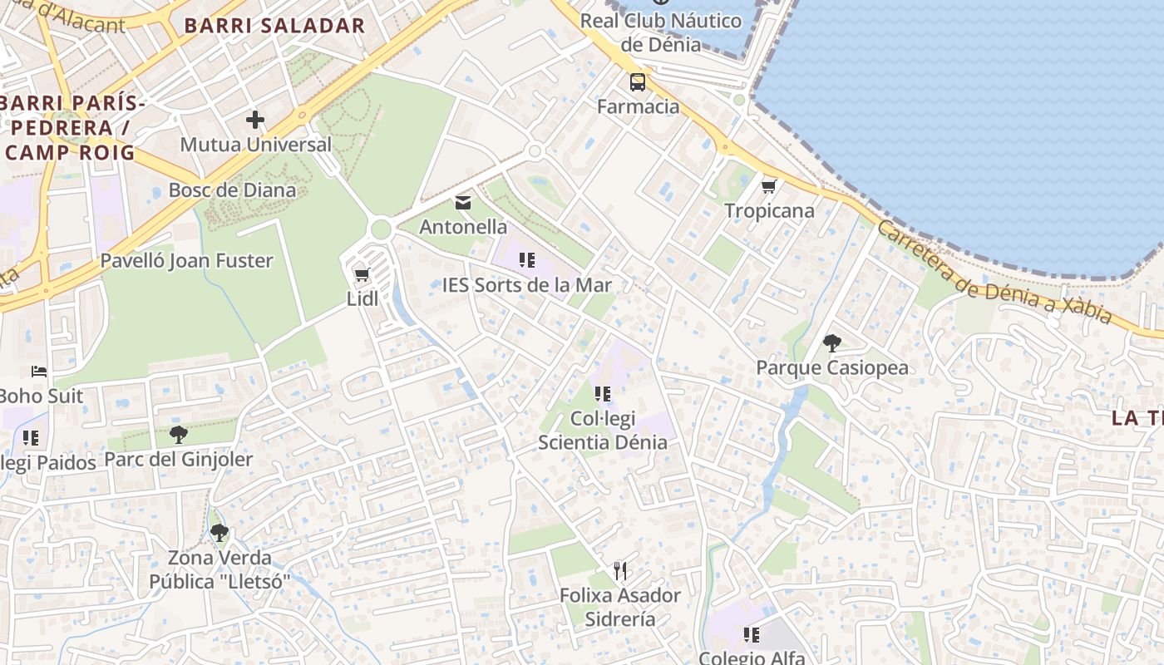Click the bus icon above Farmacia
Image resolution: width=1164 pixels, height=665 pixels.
(x=638, y=82)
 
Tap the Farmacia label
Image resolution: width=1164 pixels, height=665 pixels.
(x=639, y=106)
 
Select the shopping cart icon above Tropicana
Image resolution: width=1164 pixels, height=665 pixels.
(x=769, y=186)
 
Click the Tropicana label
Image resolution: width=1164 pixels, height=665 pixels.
(x=769, y=210)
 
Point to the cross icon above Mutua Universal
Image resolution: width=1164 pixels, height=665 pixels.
(x=255, y=120)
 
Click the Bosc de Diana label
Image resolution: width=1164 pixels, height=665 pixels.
(x=232, y=190)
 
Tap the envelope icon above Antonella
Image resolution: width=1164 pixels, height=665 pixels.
(x=463, y=202)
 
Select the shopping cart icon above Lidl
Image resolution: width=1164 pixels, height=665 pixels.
(x=362, y=274)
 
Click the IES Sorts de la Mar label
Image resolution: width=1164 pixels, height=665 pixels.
(x=527, y=285)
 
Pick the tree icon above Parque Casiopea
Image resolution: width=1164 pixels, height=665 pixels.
(x=831, y=342)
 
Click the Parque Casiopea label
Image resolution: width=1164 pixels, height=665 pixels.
(x=832, y=367)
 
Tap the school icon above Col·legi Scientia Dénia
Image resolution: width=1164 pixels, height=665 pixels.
(x=603, y=393)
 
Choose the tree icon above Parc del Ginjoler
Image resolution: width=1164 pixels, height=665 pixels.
(x=178, y=434)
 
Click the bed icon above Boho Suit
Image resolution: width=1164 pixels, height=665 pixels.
(x=39, y=371)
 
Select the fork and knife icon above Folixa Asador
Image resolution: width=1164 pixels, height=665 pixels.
(x=619, y=570)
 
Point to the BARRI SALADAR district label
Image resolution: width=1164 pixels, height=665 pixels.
(x=274, y=26)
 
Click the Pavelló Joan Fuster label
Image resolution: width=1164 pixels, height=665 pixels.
(x=186, y=261)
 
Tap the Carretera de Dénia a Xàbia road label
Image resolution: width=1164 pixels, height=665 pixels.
(x=994, y=273)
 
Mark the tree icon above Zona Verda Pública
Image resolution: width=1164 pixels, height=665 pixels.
(x=219, y=532)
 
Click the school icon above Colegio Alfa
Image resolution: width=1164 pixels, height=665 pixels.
(x=752, y=635)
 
